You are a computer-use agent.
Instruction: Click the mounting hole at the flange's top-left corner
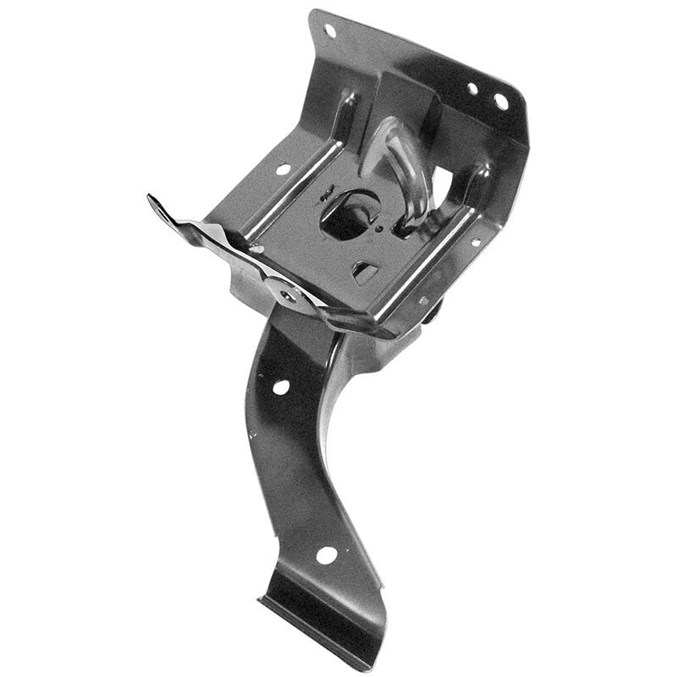[329, 31]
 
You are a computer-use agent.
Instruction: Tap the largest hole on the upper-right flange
[501, 102]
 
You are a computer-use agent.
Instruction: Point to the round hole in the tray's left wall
[282, 169]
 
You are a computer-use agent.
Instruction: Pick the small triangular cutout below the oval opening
[364, 272]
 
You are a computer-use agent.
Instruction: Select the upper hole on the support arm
[280, 387]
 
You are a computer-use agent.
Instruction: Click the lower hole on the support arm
[326, 555]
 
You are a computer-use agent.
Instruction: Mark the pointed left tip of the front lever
[152, 200]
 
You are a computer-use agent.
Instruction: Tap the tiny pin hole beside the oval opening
[379, 227]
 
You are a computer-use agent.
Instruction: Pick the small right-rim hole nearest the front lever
[423, 300]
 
